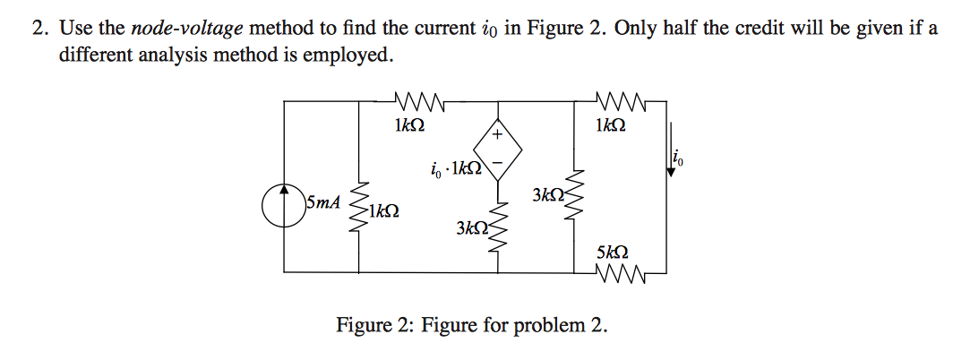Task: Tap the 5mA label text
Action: [x=323, y=201]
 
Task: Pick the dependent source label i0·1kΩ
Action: [x=454, y=168]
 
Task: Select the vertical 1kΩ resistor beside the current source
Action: [x=361, y=207]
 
